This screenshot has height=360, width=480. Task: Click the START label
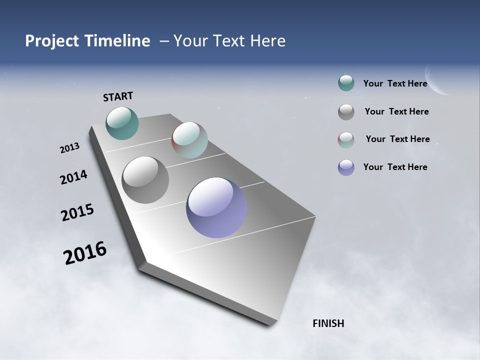118,96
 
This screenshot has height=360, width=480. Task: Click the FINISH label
328,323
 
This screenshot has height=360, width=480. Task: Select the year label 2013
69,148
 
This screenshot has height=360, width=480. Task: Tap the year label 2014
73,177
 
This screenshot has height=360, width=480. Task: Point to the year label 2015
77,212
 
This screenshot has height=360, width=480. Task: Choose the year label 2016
85,253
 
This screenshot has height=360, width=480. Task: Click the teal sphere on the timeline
122,123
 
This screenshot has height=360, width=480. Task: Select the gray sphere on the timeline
145,180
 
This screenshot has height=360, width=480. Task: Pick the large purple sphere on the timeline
216,207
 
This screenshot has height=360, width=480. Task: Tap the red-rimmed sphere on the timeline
189,140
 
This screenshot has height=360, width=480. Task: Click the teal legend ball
346,83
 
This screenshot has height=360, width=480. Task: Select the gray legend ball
346,112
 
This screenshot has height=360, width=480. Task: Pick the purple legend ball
346,167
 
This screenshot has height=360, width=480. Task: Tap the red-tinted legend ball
346,140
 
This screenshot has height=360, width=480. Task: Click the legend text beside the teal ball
395,83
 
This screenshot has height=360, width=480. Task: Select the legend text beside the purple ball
395,167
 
